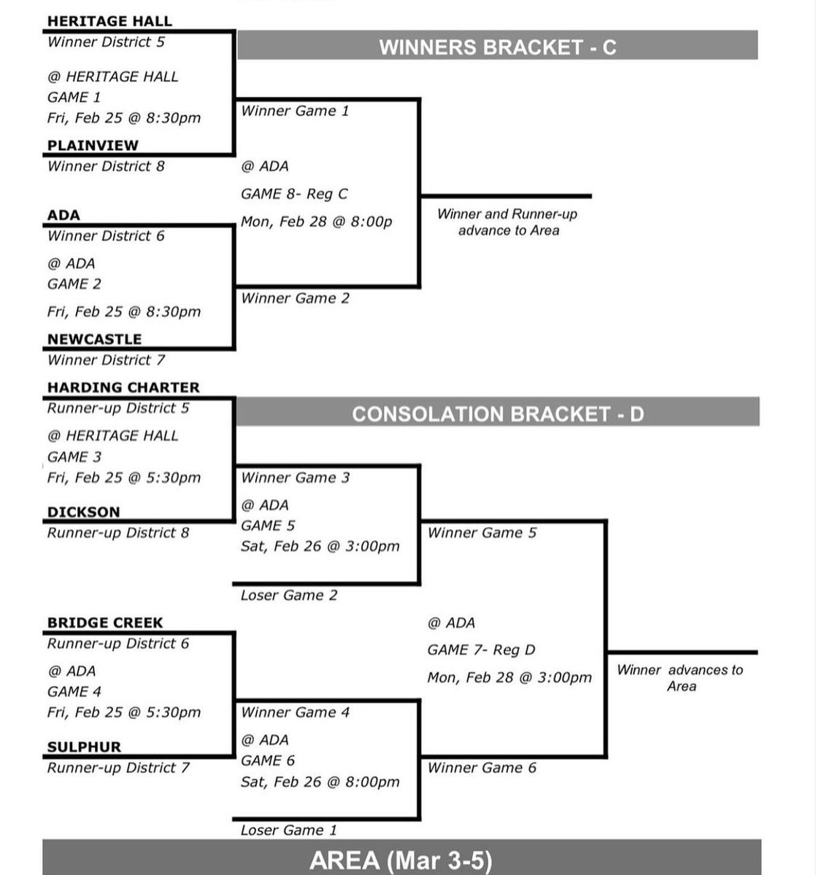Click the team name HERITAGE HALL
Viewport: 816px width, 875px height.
(109, 21)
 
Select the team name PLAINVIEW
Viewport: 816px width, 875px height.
(93, 145)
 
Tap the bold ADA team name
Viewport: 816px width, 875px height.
(63, 215)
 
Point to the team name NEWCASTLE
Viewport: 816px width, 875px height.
(94, 339)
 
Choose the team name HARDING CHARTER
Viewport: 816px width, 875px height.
(123, 387)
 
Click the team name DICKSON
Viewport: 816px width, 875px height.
(83, 512)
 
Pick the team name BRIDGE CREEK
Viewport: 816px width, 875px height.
(105, 623)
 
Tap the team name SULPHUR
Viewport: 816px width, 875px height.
(84, 747)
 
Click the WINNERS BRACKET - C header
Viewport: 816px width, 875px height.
(497, 47)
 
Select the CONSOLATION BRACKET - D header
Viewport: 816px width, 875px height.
(498, 414)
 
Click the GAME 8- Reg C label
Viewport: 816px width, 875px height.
(294, 194)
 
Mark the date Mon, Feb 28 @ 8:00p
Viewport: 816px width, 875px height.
(316, 221)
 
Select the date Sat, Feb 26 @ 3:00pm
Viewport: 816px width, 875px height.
(320, 546)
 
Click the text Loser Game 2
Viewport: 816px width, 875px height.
(289, 595)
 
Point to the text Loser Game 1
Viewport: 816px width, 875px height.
(289, 830)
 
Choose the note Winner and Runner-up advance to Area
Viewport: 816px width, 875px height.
(508, 222)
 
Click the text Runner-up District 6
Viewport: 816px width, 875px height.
(118, 643)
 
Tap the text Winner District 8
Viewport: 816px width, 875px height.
(106, 166)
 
